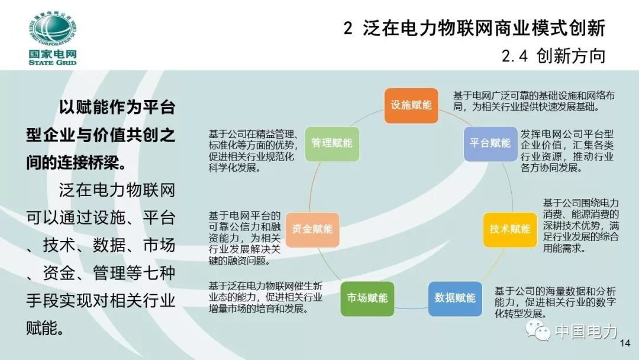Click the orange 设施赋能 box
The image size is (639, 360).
[x=411, y=105]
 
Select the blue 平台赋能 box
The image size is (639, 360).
[x=490, y=143]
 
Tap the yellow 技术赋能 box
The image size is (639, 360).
[x=510, y=229]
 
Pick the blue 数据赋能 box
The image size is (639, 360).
[x=455, y=298]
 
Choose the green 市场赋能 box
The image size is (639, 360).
[x=367, y=298]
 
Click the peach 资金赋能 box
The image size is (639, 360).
[x=312, y=229]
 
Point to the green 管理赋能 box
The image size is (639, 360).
[x=332, y=143]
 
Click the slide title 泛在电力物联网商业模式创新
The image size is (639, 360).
[x=483, y=28]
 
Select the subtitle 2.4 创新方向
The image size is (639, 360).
[x=553, y=56]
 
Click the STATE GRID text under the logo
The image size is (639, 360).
[x=52, y=62]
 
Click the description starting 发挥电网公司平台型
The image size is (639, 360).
[x=567, y=150]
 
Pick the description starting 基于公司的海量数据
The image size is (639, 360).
[x=555, y=302]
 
